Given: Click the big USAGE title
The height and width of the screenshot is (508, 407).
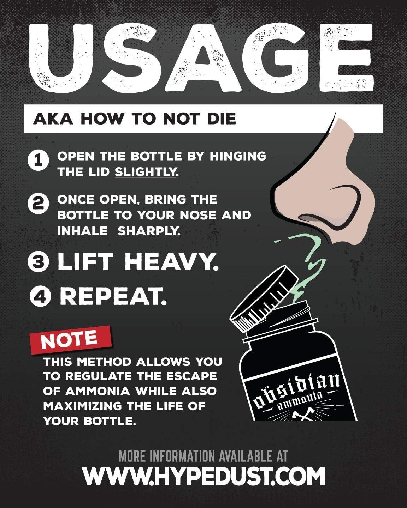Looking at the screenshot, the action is [x=201, y=58].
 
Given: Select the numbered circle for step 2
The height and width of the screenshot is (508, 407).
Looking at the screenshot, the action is [x=38, y=204].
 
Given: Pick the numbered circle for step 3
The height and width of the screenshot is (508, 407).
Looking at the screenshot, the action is [x=38, y=262].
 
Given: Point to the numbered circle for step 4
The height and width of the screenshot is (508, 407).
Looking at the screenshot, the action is [x=41, y=296].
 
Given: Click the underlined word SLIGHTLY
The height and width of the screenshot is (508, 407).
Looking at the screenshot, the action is [x=145, y=172].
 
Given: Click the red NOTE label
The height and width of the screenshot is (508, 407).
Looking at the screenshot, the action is [x=71, y=340].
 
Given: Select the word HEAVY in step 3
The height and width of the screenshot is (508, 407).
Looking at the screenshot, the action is [x=171, y=262].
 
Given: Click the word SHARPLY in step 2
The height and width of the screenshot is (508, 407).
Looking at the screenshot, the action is [x=149, y=231].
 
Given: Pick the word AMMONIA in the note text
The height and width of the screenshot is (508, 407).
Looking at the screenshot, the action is [x=98, y=392].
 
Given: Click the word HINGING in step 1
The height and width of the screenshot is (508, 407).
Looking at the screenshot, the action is [x=238, y=156].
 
